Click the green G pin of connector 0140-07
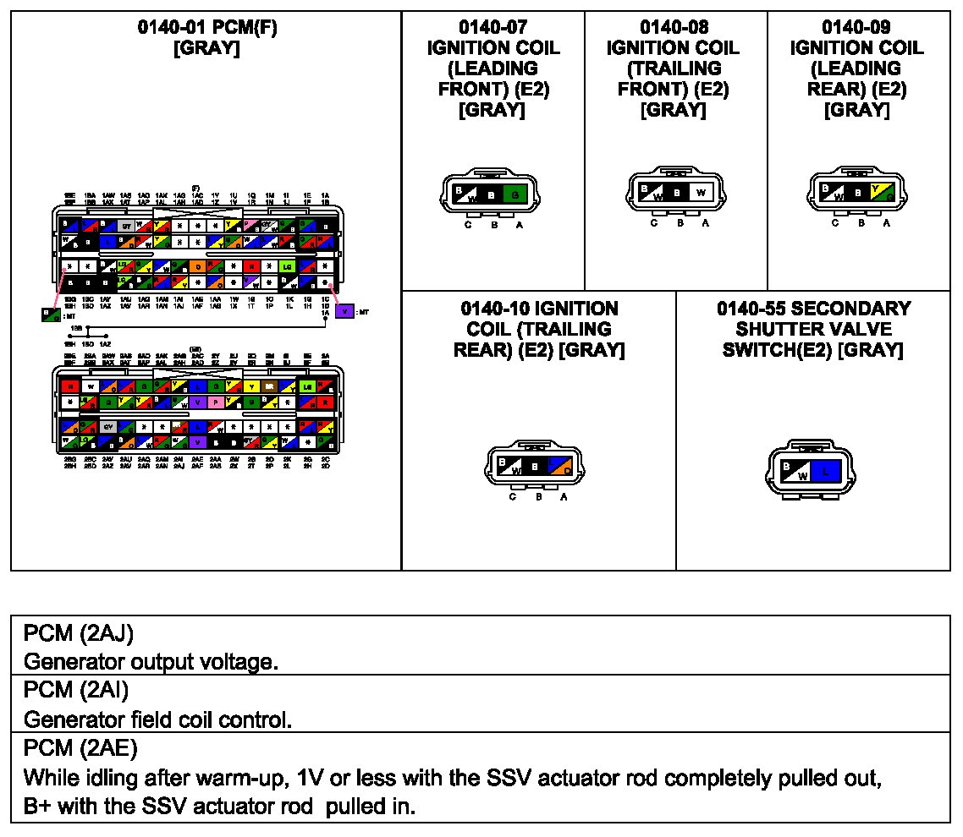[514, 194]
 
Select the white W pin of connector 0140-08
[700, 192]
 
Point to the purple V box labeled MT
[344, 310]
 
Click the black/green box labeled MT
[50, 315]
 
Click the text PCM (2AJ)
[79, 632]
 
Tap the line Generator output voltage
[151, 661]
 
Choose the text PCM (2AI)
[76, 690]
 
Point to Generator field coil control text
[158, 719]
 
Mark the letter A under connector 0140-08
[705, 223]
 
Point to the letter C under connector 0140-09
[835, 223]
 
